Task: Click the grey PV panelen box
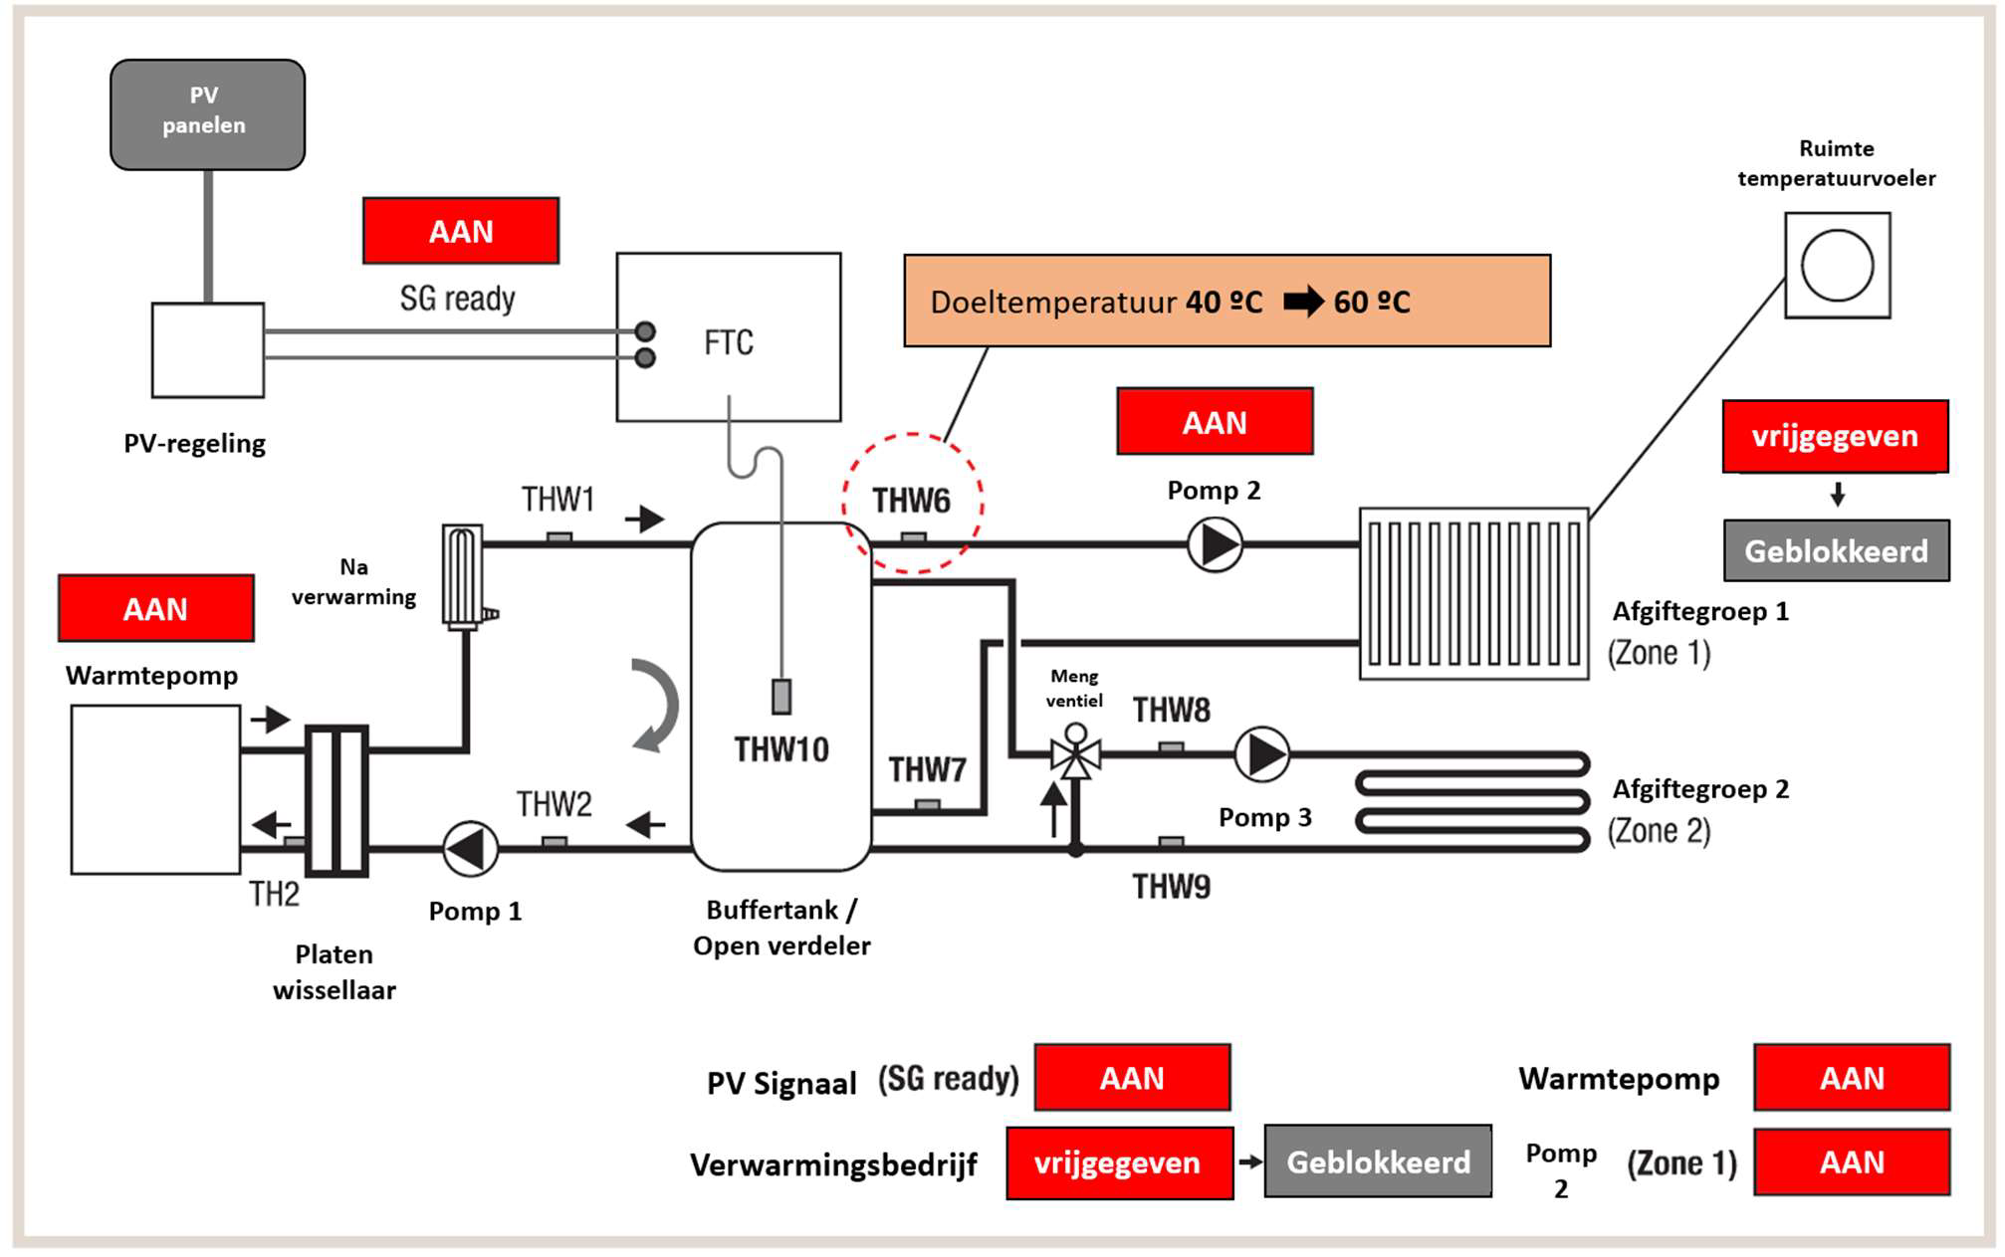(x=207, y=114)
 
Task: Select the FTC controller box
(x=729, y=336)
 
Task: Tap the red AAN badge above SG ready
(x=461, y=231)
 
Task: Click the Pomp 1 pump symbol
(x=470, y=849)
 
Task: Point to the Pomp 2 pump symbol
(x=1216, y=544)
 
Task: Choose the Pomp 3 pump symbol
(x=1262, y=754)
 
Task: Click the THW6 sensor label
(x=911, y=501)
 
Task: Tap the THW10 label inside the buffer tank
(x=781, y=749)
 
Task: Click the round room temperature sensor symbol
(x=1838, y=266)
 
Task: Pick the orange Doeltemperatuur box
(x=1227, y=301)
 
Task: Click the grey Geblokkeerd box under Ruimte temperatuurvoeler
(x=1837, y=550)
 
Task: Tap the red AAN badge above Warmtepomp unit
(x=156, y=608)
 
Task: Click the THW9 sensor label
(x=1172, y=886)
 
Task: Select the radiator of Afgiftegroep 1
(x=1474, y=594)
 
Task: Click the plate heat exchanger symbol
(x=337, y=800)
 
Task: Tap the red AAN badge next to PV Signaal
(x=1133, y=1078)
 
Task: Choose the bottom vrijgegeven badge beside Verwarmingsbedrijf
(x=1119, y=1162)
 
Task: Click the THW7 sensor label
(x=928, y=769)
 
